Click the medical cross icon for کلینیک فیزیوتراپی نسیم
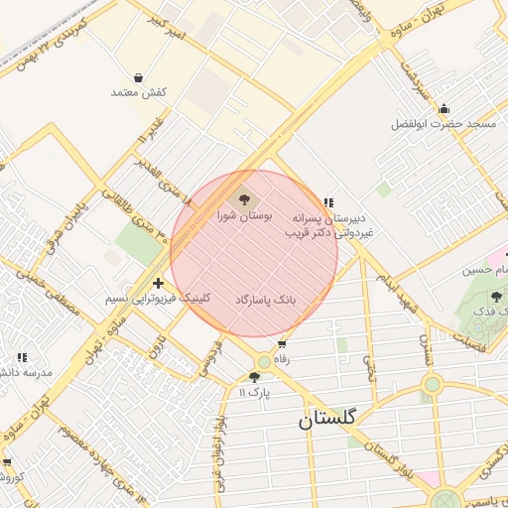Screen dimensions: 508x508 158,284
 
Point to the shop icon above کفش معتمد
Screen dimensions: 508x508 137,77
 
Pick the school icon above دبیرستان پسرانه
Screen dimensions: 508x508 327,202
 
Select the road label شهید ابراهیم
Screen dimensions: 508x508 391,289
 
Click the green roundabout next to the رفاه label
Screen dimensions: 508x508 263,361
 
